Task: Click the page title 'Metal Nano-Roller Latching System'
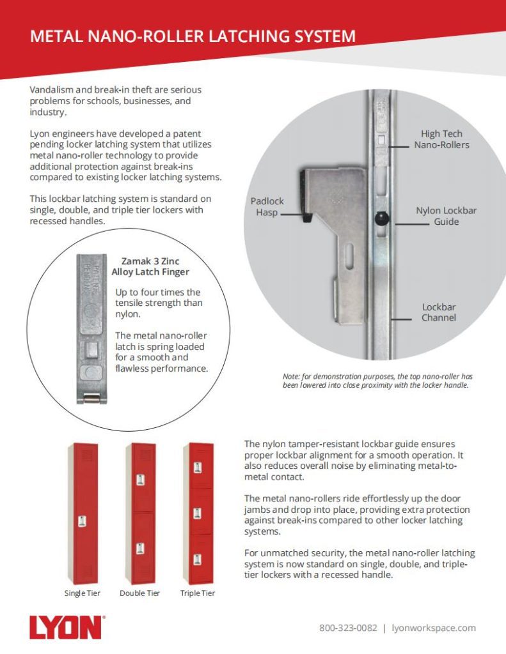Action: click(x=193, y=36)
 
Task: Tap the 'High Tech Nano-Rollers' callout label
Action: click(x=441, y=139)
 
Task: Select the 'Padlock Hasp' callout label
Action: click(x=267, y=206)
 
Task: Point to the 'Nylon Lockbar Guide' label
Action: click(x=446, y=216)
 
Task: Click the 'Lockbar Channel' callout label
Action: click(x=438, y=312)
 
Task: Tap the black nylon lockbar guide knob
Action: click(x=382, y=219)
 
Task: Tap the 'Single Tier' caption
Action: click(x=83, y=593)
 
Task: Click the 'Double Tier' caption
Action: click(x=140, y=593)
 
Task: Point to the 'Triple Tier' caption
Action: click(x=198, y=593)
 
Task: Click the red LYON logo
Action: click(x=66, y=628)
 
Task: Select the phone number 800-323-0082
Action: click(x=348, y=628)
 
